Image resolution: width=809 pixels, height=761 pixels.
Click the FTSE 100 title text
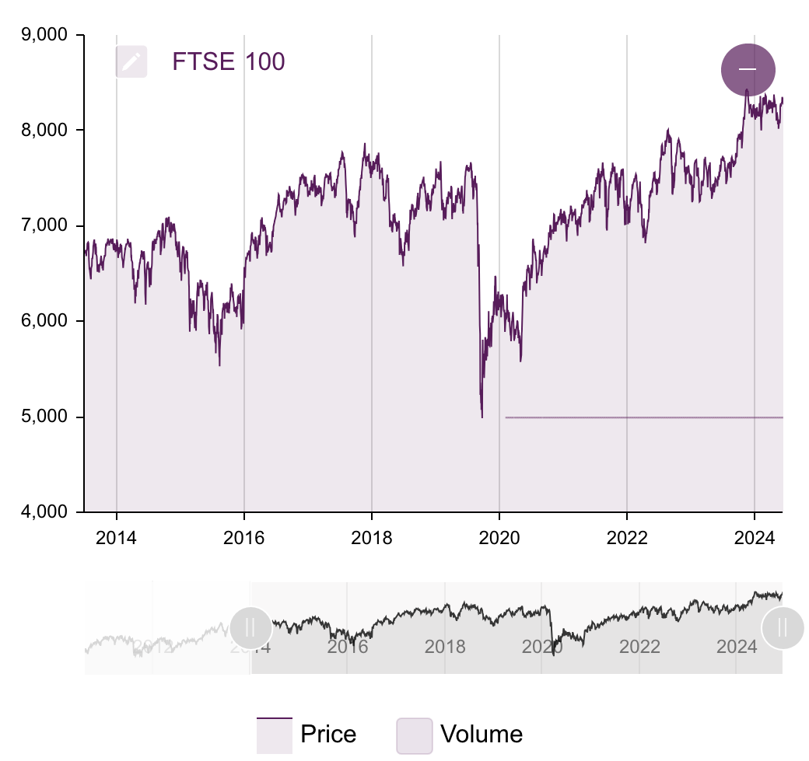228,61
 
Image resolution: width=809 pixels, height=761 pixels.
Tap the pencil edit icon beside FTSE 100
131,61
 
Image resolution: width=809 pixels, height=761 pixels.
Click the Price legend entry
307,735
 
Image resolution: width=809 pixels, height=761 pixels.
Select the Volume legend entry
461,735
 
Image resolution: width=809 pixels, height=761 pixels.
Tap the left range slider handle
250,627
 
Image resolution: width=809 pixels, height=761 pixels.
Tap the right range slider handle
782,627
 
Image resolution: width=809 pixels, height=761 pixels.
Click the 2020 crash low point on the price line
482,417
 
